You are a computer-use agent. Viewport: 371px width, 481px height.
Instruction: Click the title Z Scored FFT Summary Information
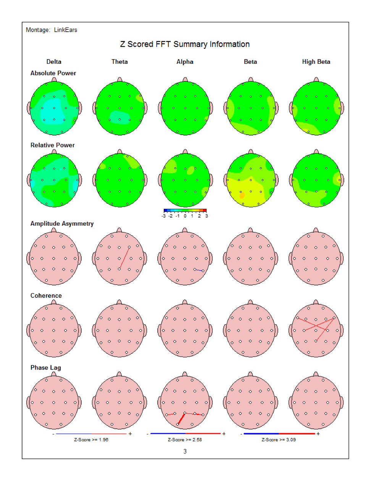tap(185, 44)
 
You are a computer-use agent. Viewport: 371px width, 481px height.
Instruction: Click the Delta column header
tap(54, 62)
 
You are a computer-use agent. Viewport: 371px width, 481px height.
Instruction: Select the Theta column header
tap(119, 62)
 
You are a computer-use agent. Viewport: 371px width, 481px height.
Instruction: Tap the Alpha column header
tap(185, 62)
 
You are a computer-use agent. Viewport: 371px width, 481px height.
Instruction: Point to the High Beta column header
tap(316, 62)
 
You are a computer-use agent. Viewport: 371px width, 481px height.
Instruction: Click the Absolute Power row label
tap(53, 73)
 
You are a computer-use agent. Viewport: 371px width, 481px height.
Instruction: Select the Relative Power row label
tap(52, 145)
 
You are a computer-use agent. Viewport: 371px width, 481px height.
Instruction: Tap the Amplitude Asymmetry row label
tap(62, 224)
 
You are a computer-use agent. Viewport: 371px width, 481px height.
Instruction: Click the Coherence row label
tap(46, 296)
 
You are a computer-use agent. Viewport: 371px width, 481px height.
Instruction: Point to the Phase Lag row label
tap(45, 368)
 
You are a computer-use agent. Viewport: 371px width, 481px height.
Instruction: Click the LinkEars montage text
tap(65, 30)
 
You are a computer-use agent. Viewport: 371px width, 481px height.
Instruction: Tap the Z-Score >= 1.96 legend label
tap(91, 440)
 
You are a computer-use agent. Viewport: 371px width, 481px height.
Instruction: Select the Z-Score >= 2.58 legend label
tap(185, 440)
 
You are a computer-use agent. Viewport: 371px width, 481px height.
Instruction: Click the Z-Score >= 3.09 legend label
tap(279, 440)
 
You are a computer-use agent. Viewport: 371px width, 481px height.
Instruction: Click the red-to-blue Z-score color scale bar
tap(185, 210)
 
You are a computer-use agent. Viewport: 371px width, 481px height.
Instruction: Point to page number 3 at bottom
tap(185, 451)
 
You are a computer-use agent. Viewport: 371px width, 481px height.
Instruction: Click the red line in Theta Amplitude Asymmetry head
tap(124, 258)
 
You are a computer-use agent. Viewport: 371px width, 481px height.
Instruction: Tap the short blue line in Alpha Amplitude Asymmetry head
tap(199, 270)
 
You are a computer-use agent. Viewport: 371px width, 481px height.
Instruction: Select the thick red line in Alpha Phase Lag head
tap(181, 419)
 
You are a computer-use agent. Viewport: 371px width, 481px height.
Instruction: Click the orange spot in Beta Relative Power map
tap(242, 195)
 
